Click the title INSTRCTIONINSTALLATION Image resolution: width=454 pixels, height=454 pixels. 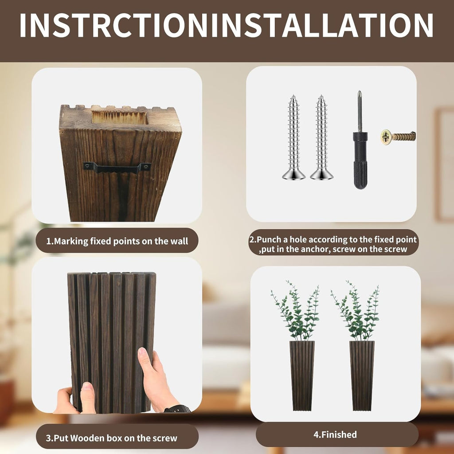(227, 25)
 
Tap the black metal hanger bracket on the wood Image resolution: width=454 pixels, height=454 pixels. (117, 168)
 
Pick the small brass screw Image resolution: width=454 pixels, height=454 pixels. (398, 137)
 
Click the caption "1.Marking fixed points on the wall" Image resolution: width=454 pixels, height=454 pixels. (117, 241)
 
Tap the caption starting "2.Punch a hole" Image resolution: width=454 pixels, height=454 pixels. (333, 244)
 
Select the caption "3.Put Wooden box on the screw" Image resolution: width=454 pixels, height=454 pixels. (111, 438)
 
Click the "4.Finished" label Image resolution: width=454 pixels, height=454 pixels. (335, 434)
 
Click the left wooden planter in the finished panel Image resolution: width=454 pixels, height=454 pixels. (302, 375)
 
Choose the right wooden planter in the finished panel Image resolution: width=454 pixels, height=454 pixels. (362, 375)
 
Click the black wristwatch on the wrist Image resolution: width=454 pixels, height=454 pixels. (177, 409)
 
